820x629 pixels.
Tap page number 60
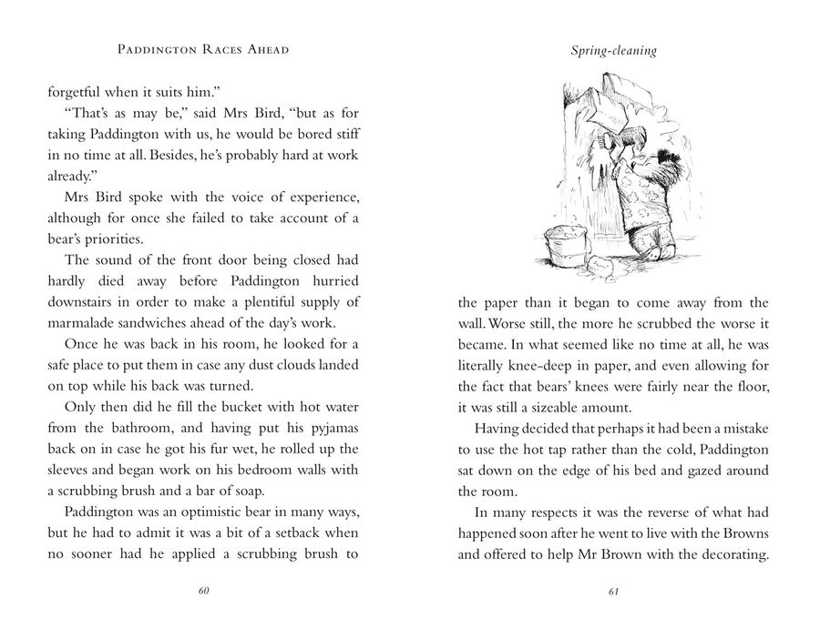tap(204, 591)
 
